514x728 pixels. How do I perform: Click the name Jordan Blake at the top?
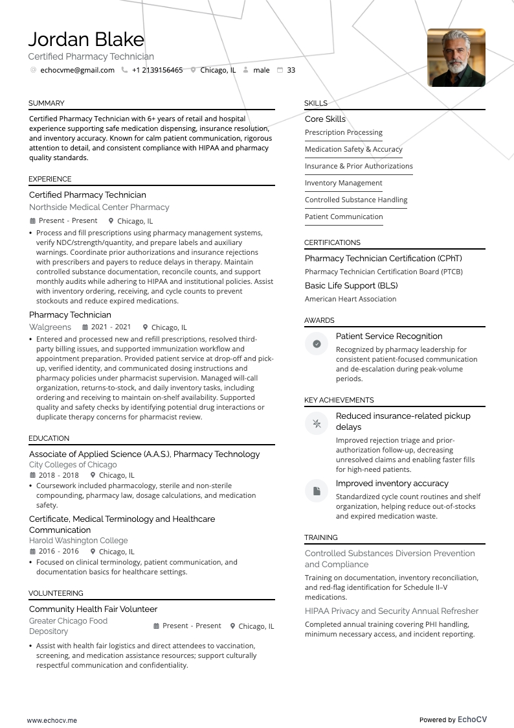coord(86,40)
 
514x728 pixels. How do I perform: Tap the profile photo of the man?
coord(456,58)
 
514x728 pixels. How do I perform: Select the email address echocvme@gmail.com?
coord(77,70)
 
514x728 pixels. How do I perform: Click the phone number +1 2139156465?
coord(157,70)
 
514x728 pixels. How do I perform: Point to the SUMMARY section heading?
coord(46,103)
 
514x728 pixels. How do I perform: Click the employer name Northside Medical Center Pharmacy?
coord(99,207)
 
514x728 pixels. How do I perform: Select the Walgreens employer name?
coord(50,327)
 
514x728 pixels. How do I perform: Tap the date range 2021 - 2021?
coord(111,327)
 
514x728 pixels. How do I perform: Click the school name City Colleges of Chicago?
coord(73,465)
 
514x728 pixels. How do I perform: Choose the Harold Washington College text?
coord(78,541)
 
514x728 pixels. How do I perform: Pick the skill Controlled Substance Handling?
coord(356,200)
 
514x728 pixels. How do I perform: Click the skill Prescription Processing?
coord(344,132)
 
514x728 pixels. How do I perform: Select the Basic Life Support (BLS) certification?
coord(351,285)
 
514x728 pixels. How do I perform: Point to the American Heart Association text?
coord(350,299)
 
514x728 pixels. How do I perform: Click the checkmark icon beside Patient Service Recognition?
coord(317,344)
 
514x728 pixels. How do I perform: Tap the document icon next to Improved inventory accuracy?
coord(317,491)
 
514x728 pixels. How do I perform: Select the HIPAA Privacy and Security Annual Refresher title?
coord(391,611)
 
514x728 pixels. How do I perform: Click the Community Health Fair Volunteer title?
coord(93,609)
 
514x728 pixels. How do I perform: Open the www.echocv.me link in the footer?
coord(52,720)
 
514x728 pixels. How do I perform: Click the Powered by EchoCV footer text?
coord(453,720)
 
